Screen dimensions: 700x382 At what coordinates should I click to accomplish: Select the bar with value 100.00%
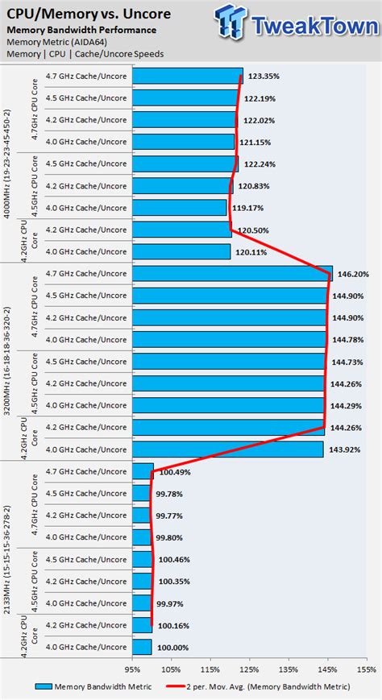[142, 647]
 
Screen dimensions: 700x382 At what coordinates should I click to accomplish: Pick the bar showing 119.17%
[180, 208]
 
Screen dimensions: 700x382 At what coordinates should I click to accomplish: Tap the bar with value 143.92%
[227, 449]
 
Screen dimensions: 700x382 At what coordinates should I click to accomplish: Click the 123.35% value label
[264, 77]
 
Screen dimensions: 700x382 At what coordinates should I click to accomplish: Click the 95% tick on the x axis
[132, 669]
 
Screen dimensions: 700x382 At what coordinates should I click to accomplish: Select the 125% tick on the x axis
[249, 669]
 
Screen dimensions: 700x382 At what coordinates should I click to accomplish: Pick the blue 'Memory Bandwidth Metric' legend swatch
[44, 687]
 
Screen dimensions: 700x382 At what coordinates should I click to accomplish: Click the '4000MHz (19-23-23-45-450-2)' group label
[8, 164]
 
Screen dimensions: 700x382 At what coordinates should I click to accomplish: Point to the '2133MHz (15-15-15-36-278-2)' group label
[8, 559]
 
